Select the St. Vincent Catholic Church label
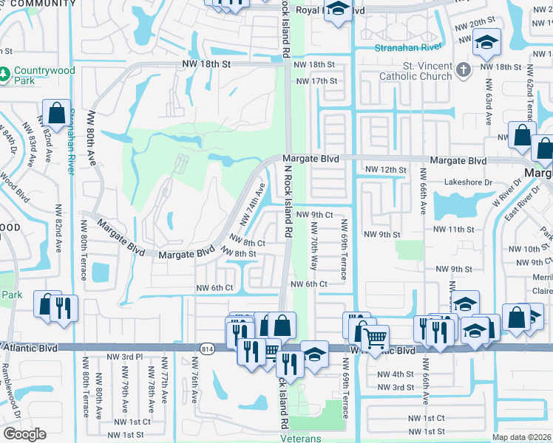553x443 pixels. point(415,70)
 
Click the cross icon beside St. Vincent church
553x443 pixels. point(464,70)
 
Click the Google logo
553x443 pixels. point(24,434)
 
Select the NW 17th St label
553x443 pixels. point(315,80)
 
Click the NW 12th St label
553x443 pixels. point(387,170)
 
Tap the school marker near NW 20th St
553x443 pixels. point(487,43)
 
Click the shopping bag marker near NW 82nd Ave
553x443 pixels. point(56,114)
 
